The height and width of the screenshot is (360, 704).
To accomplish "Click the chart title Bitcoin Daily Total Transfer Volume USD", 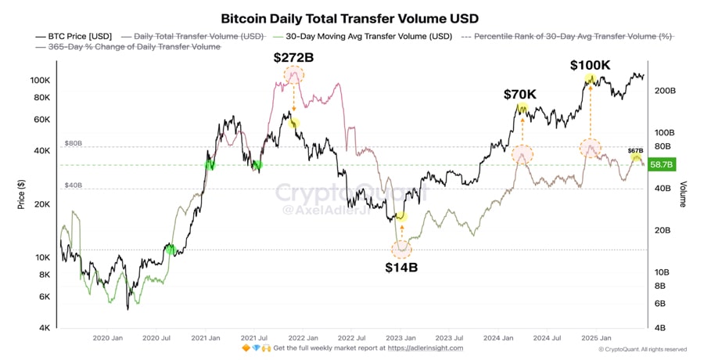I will tap(350, 17).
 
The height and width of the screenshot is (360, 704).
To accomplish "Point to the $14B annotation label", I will tap(401, 267).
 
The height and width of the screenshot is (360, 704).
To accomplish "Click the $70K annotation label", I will tap(520, 94).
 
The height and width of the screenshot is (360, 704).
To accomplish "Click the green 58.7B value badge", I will tap(662, 164).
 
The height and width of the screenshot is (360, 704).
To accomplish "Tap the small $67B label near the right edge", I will tap(635, 149).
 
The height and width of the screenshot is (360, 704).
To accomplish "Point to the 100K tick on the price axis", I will tap(41, 81).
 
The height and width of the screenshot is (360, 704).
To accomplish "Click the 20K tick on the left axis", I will tap(42, 204).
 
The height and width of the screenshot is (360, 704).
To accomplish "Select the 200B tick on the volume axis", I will tap(664, 92).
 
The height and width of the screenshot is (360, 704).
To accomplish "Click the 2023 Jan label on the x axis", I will tap(401, 338).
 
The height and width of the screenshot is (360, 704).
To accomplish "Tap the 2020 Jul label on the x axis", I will tap(156, 338).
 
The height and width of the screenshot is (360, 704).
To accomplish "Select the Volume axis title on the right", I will tap(683, 195).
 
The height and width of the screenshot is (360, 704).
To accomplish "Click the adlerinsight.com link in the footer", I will tap(426, 348).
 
